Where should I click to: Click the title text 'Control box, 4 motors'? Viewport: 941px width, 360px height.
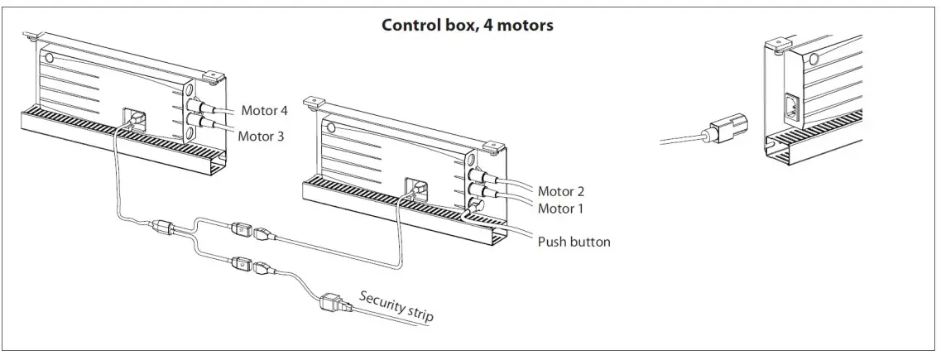(467, 25)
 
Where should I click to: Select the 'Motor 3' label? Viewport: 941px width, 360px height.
(262, 136)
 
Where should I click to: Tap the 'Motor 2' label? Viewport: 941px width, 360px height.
(560, 191)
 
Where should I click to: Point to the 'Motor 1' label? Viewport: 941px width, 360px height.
(560, 209)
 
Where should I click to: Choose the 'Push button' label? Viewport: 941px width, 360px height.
(574, 242)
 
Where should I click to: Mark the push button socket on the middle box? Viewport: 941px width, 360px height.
(476, 205)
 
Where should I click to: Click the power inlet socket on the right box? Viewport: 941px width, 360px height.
(790, 108)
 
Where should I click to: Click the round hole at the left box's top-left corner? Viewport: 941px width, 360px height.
(48, 59)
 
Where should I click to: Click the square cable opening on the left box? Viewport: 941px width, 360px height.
(133, 118)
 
